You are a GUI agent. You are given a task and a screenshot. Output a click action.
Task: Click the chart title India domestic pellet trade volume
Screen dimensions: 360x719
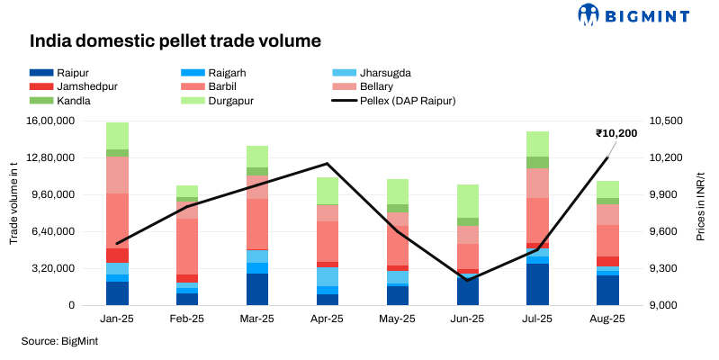point(175,41)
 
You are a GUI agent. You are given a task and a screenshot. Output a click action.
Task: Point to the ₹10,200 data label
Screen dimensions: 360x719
point(616,133)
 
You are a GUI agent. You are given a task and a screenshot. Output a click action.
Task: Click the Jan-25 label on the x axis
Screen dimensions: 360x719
point(117,319)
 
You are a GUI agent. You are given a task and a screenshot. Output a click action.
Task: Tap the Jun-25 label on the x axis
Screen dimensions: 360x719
point(467,319)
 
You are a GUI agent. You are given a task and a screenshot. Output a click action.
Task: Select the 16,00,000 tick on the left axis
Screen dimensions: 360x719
point(68,121)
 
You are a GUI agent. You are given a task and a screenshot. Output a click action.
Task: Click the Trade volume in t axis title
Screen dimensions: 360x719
point(14,212)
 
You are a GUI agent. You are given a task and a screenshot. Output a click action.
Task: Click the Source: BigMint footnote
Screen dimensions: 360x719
point(59,341)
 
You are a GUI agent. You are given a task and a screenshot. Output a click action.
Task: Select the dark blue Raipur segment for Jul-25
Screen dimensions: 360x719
point(537,283)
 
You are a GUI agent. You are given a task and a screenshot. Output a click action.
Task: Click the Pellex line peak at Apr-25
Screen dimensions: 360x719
point(327,164)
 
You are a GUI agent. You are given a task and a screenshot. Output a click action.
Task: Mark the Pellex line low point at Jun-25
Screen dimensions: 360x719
point(467,280)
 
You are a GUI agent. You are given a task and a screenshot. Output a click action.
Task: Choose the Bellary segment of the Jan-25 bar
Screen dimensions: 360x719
point(117,175)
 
